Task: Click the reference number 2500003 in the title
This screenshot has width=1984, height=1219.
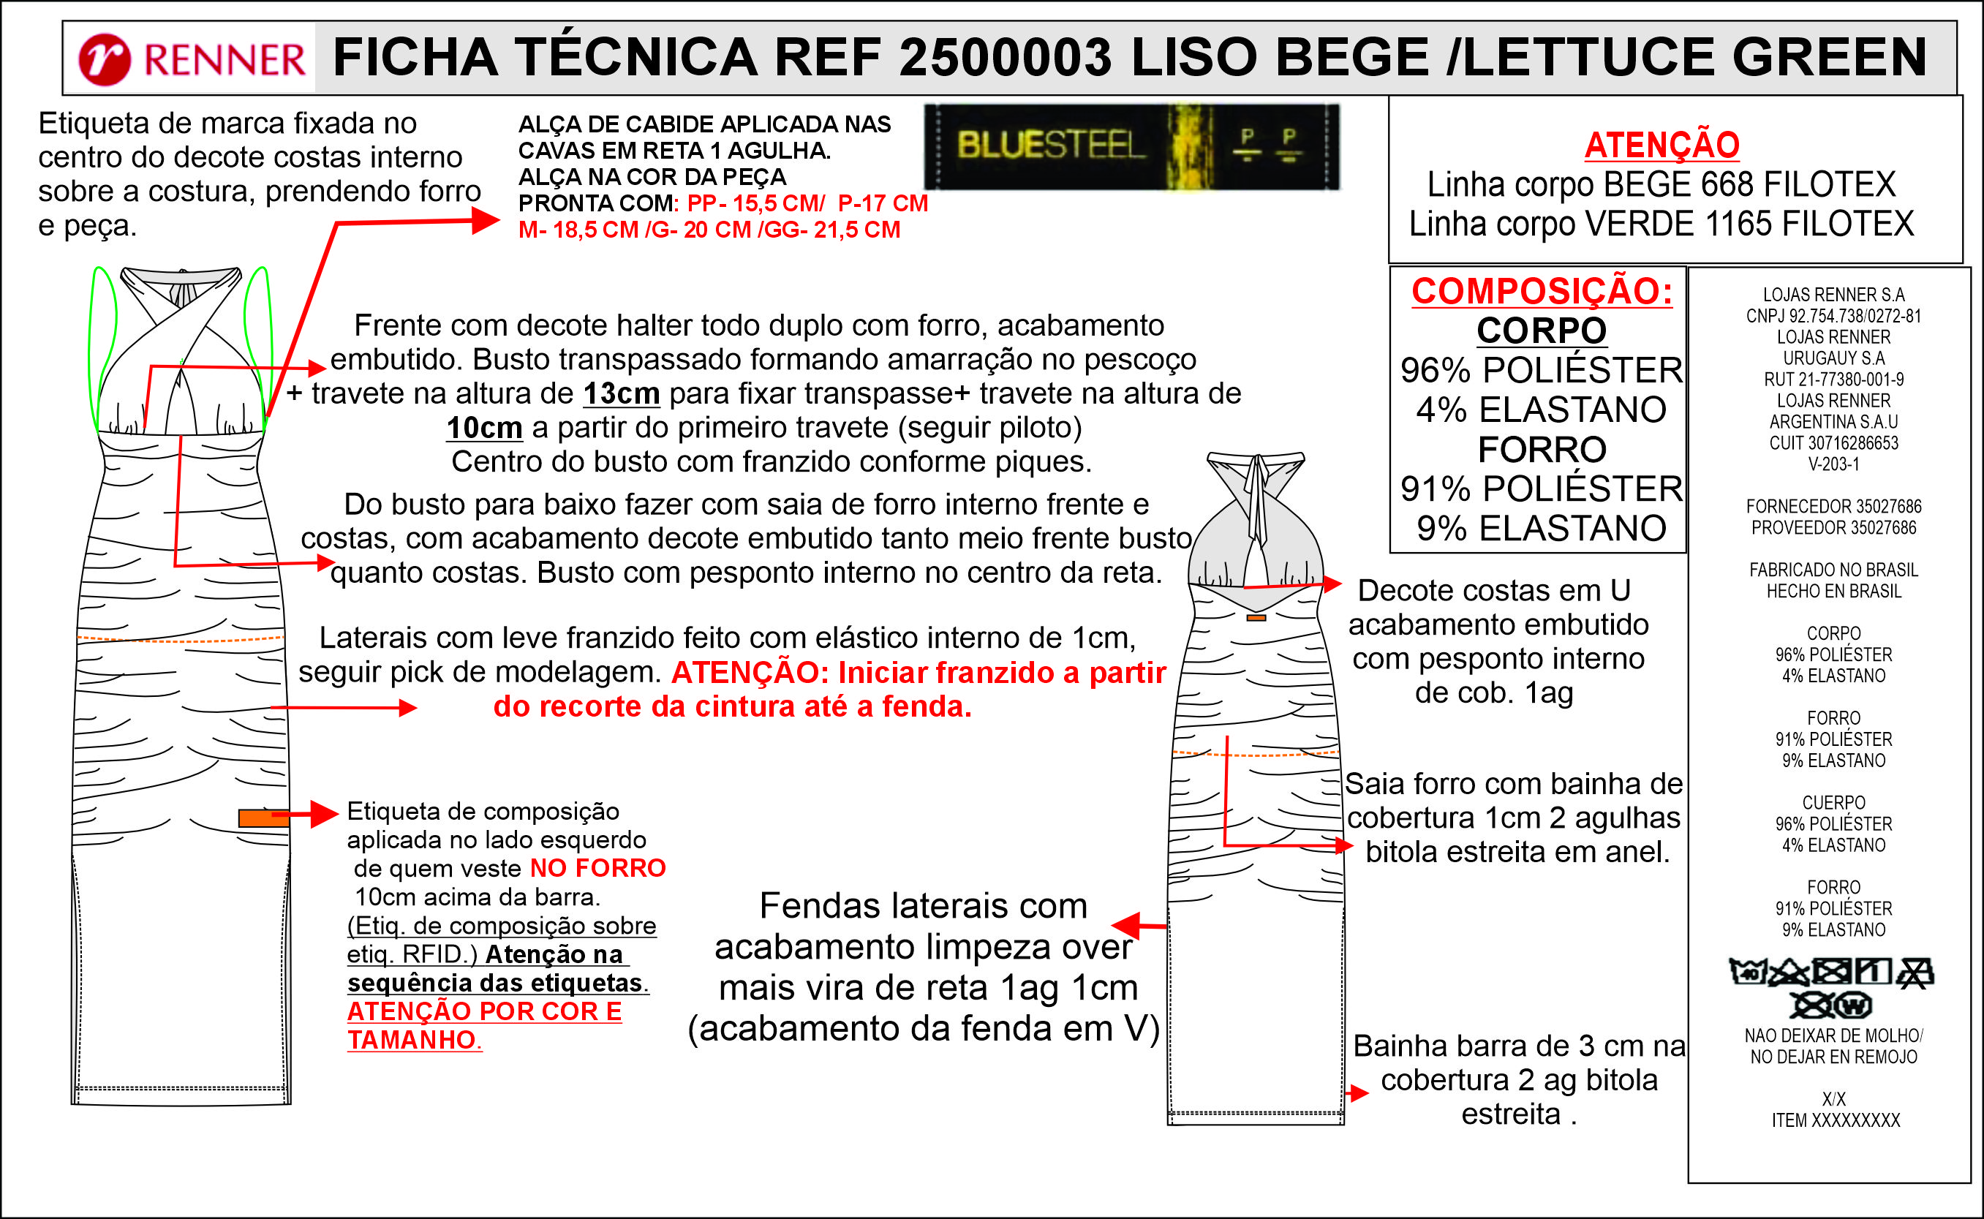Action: [x=1006, y=58]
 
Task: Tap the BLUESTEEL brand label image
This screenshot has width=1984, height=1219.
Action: [x=1131, y=147]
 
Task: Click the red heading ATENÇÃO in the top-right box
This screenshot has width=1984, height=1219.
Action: [x=1661, y=145]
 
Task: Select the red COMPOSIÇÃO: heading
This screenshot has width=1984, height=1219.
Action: [x=1542, y=291]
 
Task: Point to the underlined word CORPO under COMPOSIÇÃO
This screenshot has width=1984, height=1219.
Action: [x=1542, y=331]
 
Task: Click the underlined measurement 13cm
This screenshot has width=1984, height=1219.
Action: [x=622, y=393]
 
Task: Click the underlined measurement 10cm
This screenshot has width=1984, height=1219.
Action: [x=485, y=427]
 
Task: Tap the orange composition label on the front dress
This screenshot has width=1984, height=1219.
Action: [x=262, y=818]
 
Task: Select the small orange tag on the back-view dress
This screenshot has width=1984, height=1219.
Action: [x=1256, y=618]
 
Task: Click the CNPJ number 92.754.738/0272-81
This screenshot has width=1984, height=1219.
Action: [x=1855, y=316]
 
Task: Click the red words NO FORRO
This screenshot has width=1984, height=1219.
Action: [x=597, y=868]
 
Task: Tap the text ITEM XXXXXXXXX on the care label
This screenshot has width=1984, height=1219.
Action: [x=1835, y=1120]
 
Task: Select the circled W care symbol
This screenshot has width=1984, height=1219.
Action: [x=1853, y=1006]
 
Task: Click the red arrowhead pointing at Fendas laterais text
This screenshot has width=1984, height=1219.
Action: [x=1125, y=926]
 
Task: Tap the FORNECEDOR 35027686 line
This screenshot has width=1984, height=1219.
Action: [x=1833, y=506]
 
